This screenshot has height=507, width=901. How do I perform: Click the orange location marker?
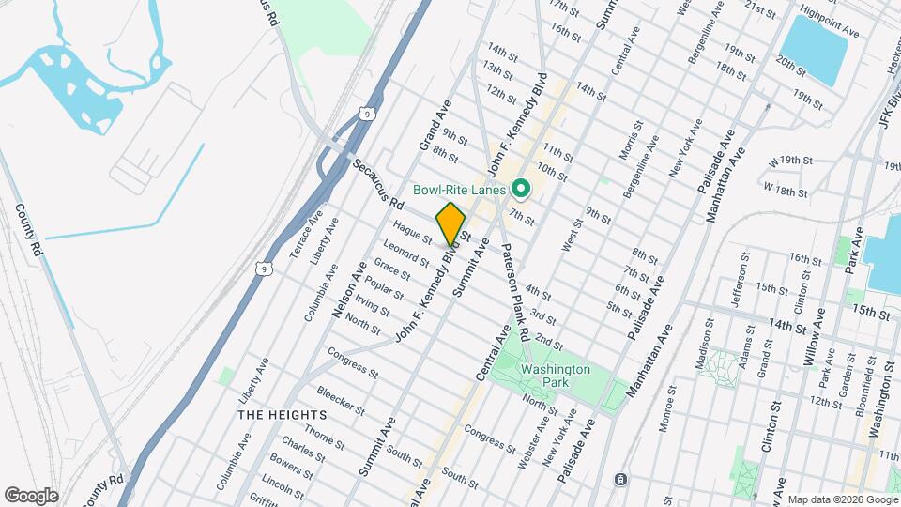click(x=450, y=223)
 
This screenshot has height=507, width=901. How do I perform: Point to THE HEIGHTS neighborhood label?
click(x=282, y=414)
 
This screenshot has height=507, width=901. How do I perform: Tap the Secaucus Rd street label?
click(x=377, y=182)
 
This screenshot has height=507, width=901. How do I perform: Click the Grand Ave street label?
click(x=436, y=126)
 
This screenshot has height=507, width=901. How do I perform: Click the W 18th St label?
click(x=786, y=191)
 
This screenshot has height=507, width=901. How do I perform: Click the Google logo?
click(x=31, y=496)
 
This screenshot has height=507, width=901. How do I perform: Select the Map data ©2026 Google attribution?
click(x=841, y=499)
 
